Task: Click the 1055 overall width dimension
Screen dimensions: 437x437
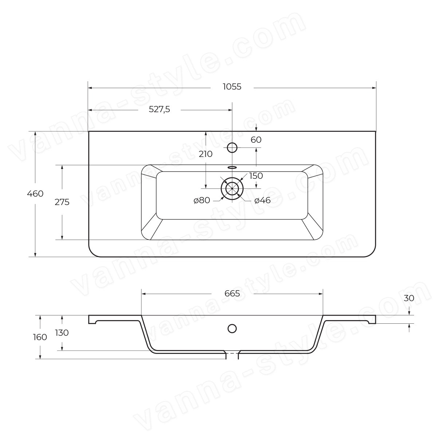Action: [232, 87]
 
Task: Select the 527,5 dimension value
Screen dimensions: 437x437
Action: [159, 110]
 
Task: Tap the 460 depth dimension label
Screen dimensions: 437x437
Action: [35, 194]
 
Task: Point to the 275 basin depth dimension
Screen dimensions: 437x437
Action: [62, 202]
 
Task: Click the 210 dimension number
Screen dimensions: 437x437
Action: [206, 154]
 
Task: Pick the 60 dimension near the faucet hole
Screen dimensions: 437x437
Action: [256, 140]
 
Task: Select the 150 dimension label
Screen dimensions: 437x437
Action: [256, 176]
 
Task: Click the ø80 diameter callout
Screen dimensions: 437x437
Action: [202, 200]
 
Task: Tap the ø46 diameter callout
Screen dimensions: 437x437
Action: [262, 200]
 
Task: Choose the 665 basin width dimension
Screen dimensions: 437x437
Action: [232, 294]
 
